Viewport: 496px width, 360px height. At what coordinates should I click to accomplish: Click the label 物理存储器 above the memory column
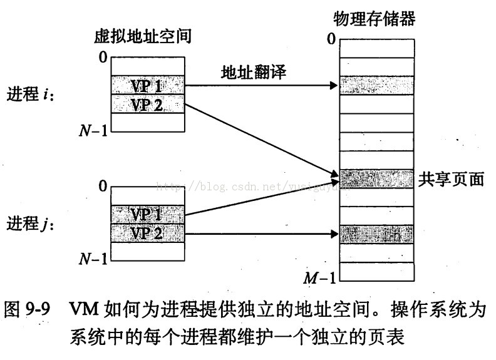tap(375, 19)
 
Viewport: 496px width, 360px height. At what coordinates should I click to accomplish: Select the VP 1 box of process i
tap(148, 85)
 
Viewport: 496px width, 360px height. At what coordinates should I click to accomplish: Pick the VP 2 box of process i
tap(148, 104)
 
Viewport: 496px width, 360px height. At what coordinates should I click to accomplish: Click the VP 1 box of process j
tap(148, 214)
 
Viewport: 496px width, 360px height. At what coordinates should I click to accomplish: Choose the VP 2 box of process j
tap(148, 234)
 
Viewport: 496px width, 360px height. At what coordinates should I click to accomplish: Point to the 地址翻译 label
tap(254, 73)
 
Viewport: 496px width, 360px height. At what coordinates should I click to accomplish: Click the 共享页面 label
tap(451, 180)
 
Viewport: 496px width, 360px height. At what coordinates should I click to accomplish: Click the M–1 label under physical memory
tap(319, 278)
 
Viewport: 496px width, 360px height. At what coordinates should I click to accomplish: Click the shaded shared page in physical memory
tap(376, 179)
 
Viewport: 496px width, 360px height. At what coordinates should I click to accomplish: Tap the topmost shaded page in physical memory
tap(376, 85)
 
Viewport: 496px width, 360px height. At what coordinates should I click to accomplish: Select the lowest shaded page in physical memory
tap(376, 235)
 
